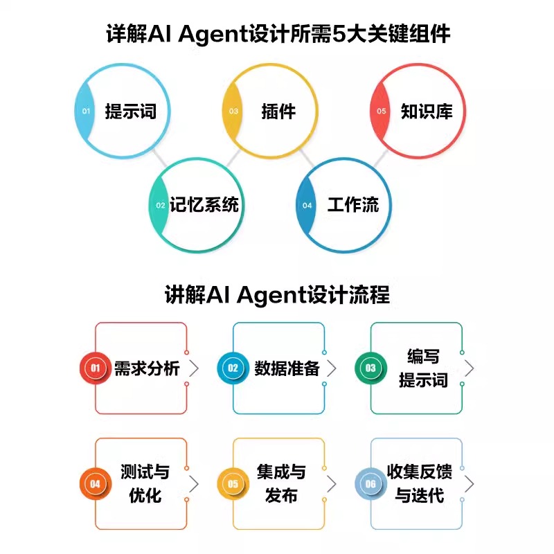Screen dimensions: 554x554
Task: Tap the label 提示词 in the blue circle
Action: pos(131,111)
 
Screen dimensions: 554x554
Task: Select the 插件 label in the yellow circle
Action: pos(278,111)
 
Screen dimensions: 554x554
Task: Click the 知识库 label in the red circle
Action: pos(427,111)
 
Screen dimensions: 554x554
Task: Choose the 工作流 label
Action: pos(353,205)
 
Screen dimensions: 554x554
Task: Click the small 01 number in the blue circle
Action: pos(86,111)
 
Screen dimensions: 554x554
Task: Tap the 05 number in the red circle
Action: pos(382,111)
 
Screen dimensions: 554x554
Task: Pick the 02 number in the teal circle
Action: pos(160,206)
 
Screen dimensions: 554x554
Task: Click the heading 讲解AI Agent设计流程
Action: pos(277,294)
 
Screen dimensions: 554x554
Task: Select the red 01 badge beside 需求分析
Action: pos(95,368)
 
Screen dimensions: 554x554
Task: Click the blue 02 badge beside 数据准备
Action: pos(233,368)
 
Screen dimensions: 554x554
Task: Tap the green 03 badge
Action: pos(370,368)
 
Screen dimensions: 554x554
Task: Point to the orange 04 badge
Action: pos(95,484)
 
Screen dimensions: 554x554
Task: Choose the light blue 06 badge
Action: pos(370,484)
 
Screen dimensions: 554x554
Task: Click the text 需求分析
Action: pos(147,368)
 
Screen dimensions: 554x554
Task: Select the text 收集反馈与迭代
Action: pos(420,484)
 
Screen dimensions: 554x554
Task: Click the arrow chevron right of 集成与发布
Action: pos(332,483)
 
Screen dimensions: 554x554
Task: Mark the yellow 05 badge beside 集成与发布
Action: pos(233,484)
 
